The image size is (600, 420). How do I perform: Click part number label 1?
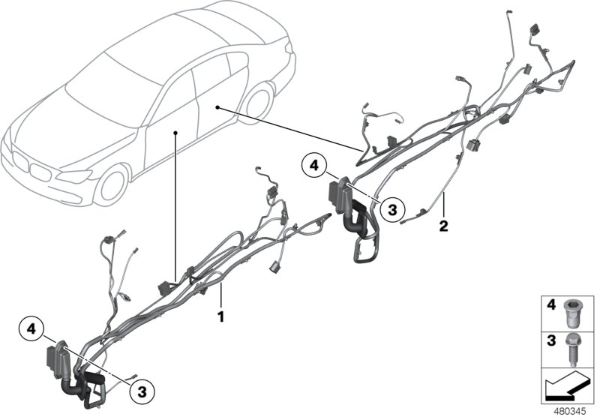(x=220, y=317)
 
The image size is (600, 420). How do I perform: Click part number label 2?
(x=443, y=225)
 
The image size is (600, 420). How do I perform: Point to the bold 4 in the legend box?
(x=551, y=305)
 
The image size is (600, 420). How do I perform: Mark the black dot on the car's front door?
(x=175, y=132)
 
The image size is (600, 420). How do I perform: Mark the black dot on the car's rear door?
(x=217, y=108)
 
